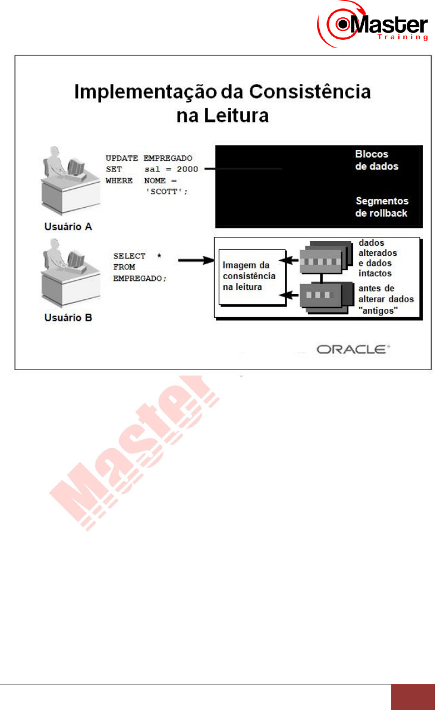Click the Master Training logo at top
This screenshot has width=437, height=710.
(373, 24)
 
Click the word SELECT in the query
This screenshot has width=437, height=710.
(129, 256)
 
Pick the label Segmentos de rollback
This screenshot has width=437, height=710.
(381, 207)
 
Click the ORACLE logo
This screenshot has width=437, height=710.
(353, 349)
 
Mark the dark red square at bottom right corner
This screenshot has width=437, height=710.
(414, 697)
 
